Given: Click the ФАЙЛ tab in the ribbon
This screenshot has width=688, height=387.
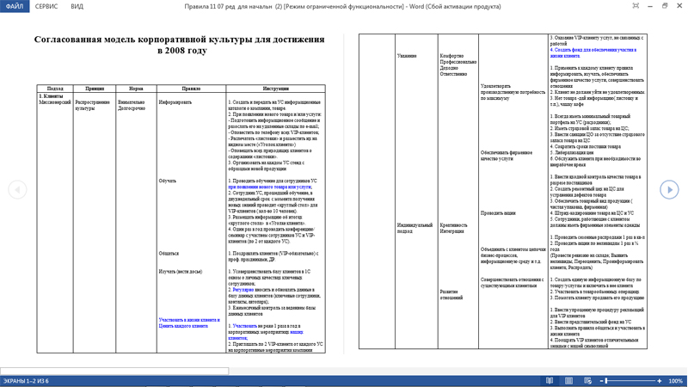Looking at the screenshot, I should [x=14, y=6].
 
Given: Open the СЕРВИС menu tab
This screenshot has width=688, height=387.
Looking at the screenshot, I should [x=46, y=6].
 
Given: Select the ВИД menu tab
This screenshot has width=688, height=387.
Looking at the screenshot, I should [x=77, y=6].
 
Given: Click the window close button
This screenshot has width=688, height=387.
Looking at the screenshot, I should [x=679, y=6].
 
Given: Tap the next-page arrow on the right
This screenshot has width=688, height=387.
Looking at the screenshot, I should [x=669, y=189].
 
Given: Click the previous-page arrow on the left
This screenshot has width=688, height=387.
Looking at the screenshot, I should [x=17, y=189].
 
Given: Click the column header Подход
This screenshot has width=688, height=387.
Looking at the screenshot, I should [x=55, y=89].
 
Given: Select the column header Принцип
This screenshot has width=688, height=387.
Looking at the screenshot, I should [x=95, y=89].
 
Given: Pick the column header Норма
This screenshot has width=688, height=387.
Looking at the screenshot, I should [x=136, y=89].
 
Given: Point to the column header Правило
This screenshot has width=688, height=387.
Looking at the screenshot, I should [x=191, y=89].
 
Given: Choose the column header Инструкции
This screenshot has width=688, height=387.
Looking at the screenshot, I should [x=275, y=89].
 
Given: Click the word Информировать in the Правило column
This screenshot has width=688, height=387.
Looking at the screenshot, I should [x=175, y=102].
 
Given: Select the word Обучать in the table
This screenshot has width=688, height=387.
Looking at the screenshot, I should [x=168, y=181].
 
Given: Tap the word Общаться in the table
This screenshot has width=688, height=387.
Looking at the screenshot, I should [x=169, y=254].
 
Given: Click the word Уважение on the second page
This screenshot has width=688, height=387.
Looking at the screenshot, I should [x=407, y=56].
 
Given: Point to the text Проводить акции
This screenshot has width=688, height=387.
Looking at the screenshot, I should [x=498, y=213].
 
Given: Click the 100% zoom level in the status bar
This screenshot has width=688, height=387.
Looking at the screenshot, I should [x=675, y=381].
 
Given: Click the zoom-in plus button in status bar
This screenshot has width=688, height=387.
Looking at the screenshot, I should [x=660, y=381].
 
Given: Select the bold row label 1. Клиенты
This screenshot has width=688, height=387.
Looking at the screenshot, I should [x=52, y=96].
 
